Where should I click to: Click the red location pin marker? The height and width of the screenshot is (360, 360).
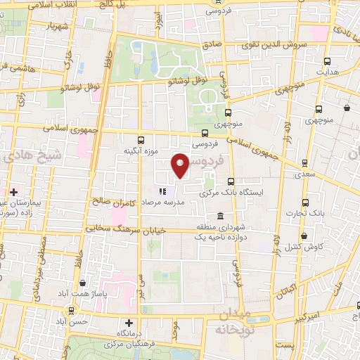(181, 165)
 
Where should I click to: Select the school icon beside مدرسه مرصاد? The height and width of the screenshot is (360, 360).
(162, 191)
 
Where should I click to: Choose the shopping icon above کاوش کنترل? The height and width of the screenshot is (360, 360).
(304, 236)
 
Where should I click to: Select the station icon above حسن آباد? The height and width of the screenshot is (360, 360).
(72, 310)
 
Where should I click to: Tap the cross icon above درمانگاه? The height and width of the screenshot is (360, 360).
(128, 322)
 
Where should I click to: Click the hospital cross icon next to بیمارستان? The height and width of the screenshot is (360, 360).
(13, 191)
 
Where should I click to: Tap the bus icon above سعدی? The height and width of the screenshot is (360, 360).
(304, 162)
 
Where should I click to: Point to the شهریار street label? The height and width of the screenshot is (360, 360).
(58, 27)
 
